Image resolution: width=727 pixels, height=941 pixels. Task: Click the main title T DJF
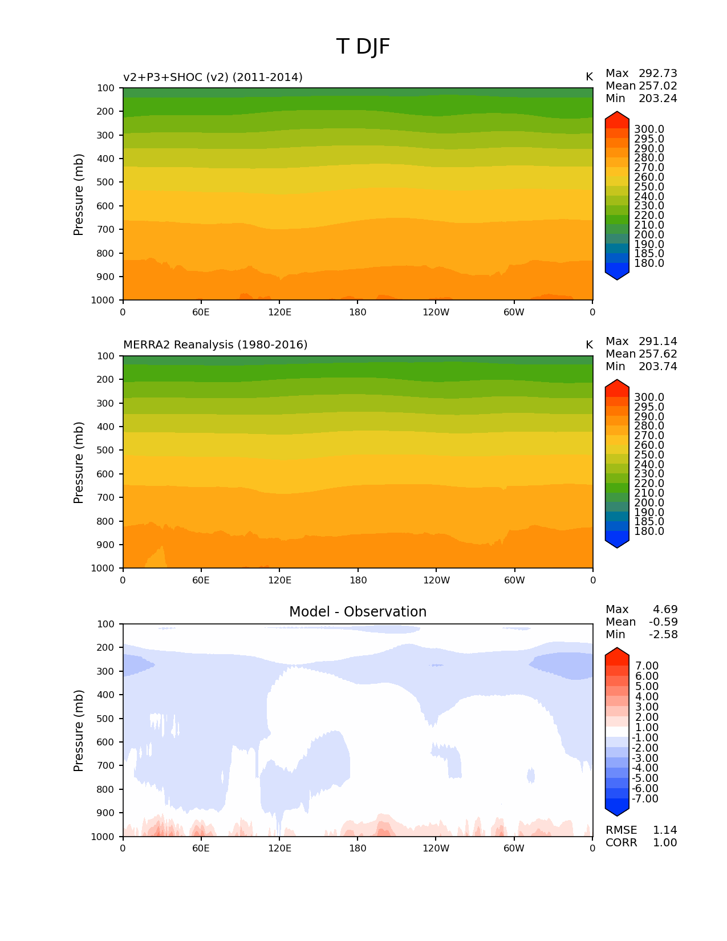coord(363,47)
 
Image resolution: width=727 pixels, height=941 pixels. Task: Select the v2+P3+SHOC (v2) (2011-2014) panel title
coord(213,77)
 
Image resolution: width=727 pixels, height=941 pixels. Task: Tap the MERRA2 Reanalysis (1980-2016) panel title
coord(215,345)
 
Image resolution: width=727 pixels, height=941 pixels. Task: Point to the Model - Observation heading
coord(358,612)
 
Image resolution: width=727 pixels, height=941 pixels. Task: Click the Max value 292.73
coord(657,74)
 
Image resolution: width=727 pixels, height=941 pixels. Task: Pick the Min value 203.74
coord(657,367)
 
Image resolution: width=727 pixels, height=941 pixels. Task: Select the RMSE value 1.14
coord(664,830)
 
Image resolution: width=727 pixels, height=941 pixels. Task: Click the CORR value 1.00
coord(664,843)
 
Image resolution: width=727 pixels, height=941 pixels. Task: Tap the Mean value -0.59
coord(663,622)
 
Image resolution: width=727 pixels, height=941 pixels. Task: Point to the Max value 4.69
coord(665,610)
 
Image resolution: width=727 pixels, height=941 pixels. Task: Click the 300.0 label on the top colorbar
coord(649,129)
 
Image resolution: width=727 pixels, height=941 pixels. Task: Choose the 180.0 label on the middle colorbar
coord(649,532)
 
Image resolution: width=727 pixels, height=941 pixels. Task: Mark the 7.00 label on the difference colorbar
coord(647,666)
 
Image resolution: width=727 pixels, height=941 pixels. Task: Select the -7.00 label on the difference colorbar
coord(645,799)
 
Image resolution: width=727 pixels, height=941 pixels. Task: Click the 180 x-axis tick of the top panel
coord(358,313)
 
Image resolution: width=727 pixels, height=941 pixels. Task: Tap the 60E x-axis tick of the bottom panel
coord(201,849)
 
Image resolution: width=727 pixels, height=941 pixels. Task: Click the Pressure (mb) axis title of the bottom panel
coord(79,731)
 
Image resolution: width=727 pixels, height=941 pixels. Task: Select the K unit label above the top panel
coord(589,77)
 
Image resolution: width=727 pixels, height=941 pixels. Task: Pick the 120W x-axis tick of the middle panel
coord(436,581)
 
